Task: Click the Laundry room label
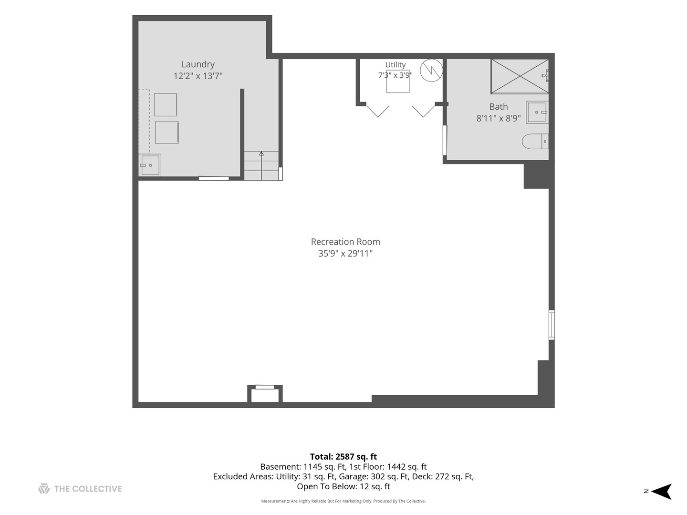[x=198, y=64]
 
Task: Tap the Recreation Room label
[x=345, y=242]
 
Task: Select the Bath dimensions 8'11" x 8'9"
[x=498, y=118]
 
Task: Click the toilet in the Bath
[x=535, y=141]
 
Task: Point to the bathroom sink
[x=537, y=112]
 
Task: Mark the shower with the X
[x=520, y=76]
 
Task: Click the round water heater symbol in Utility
[x=431, y=71]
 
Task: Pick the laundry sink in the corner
[x=150, y=165]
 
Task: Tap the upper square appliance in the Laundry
[x=165, y=105]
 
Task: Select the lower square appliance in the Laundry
[x=167, y=133]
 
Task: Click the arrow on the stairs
[x=261, y=166]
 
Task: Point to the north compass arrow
[x=662, y=491]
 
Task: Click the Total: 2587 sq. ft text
[x=343, y=456]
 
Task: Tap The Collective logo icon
[x=44, y=488]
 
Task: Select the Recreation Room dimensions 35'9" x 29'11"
[x=345, y=253]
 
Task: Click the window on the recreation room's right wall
[x=552, y=325]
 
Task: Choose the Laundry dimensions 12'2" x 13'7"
[x=198, y=76]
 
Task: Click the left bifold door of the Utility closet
[x=378, y=111]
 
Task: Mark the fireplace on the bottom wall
[x=265, y=394]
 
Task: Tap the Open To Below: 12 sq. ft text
[x=343, y=486]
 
